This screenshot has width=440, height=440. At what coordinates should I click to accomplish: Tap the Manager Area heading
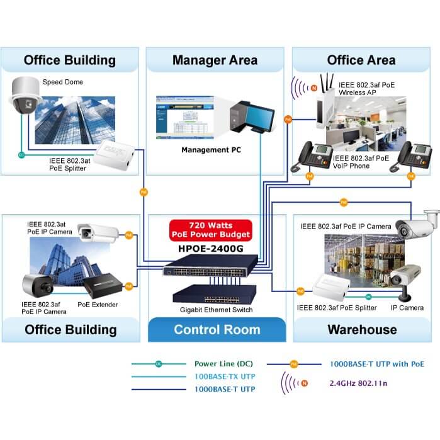[x=215, y=60]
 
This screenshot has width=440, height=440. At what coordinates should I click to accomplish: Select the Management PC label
[x=211, y=150]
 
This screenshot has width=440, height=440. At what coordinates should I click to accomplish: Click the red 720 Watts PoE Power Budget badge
[x=211, y=230]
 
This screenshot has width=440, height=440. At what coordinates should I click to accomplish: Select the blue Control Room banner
[x=217, y=330]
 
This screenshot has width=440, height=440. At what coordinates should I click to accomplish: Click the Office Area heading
[x=361, y=60]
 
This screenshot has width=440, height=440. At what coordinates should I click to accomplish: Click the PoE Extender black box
[x=101, y=287]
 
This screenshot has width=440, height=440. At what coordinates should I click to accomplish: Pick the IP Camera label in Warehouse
[x=402, y=308]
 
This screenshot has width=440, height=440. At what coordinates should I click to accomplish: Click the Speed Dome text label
[x=62, y=82]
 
